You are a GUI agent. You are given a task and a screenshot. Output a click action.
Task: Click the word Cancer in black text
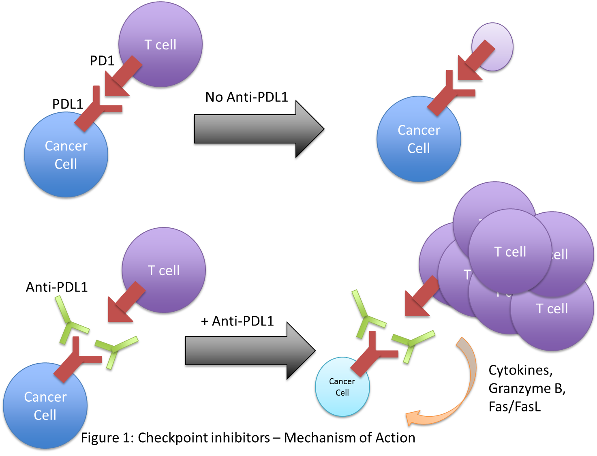point(342,381)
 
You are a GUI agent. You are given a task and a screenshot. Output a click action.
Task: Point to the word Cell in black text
point(342,392)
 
